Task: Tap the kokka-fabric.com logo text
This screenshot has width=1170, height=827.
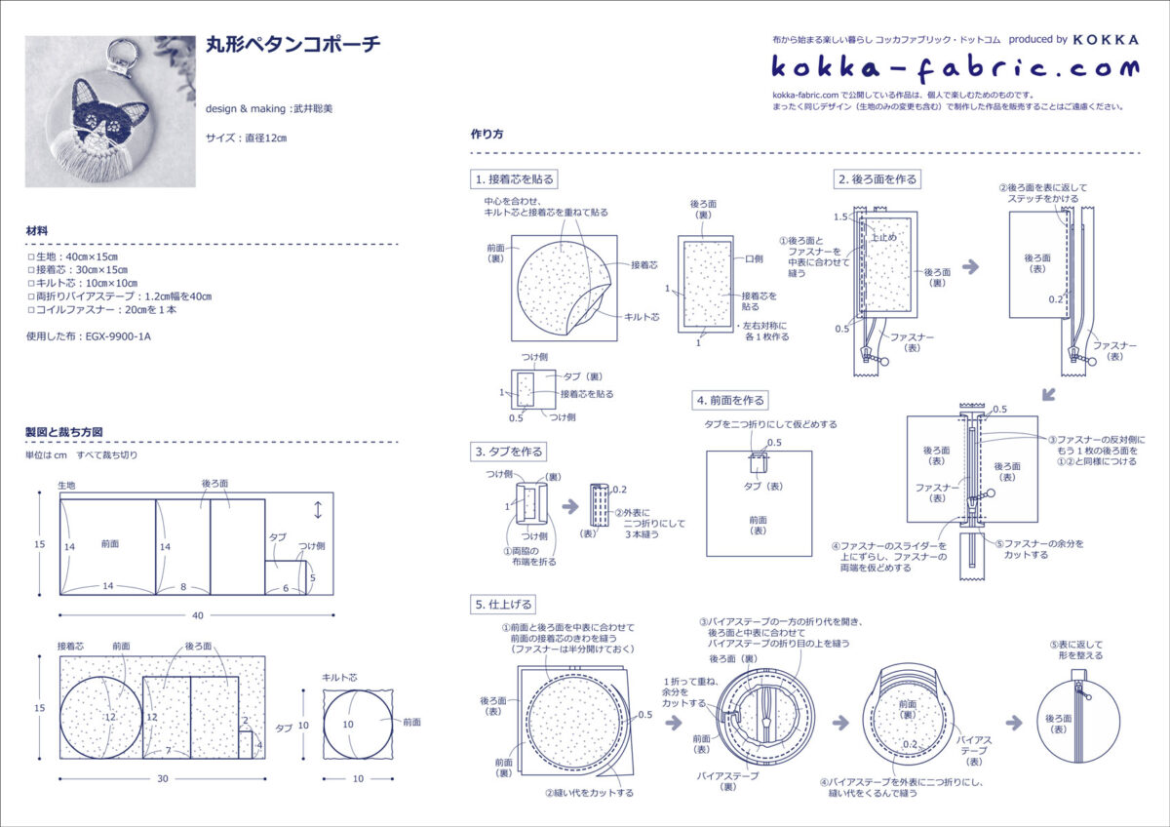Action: [955, 67]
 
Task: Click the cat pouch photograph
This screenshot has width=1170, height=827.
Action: [110, 111]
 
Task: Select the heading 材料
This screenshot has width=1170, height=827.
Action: [38, 231]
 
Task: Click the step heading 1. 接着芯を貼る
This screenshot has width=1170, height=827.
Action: [514, 179]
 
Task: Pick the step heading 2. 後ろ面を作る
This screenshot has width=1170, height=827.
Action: [877, 179]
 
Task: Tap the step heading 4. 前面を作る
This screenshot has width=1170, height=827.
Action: [730, 400]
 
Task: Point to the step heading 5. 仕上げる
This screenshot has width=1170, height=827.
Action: [504, 605]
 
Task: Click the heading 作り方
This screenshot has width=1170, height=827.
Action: [487, 135]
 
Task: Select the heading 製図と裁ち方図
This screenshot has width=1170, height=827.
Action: [64, 431]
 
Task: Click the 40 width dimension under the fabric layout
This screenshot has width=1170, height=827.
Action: [197, 615]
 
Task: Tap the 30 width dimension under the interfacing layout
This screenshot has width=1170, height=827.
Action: [163, 778]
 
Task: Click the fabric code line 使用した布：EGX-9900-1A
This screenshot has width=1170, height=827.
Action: [89, 336]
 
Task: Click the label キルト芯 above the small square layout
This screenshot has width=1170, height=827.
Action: [340, 677]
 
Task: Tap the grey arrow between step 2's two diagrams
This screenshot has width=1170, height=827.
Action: [970, 266]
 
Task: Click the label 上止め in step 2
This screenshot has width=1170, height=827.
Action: [883, 237]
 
